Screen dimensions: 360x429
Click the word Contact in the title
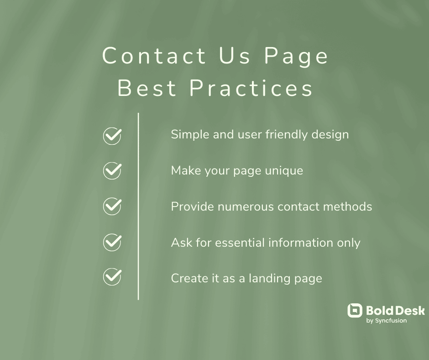[154, 56]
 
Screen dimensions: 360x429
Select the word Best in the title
[147, 88]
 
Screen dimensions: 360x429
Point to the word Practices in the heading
[251, 88]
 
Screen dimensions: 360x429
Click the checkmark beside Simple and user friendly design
[112, 136]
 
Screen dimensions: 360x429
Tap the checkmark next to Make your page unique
[112, 171]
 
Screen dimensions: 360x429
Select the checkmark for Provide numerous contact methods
[112, 206]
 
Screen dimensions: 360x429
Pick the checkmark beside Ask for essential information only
[112, 242]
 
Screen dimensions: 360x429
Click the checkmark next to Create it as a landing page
[112, 277]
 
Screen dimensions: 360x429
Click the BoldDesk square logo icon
[355, 311]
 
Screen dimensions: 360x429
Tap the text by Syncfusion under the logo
[387, 321]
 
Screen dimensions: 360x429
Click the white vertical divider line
[138, 206]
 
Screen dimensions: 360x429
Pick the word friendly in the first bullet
[287, 135]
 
